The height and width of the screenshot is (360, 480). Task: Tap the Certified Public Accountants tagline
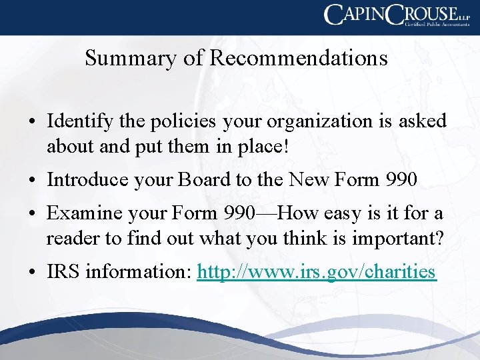(x=434, y=23)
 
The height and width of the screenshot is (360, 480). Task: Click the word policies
(x=183, y=122)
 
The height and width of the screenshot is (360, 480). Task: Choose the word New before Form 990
(x=305, y=179)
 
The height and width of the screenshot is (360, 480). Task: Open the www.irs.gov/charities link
(x=317, y=273)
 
